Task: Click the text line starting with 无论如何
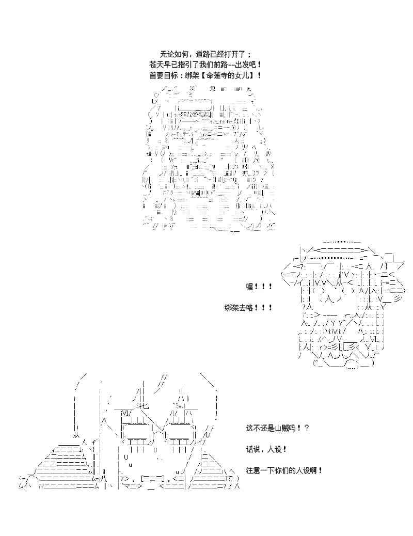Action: tap(206, 54)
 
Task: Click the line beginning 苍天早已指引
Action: tap(206, 65)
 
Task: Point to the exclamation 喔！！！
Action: tap(259, 287)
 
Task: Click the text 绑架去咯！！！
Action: tap(248, 308)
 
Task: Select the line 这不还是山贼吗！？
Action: tap(278, 428)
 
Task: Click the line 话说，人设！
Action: tap(266, 449)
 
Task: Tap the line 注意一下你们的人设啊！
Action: tap(284, 470)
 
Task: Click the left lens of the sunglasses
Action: tap(137, 432)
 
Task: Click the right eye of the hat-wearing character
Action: tap(348, 292)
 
